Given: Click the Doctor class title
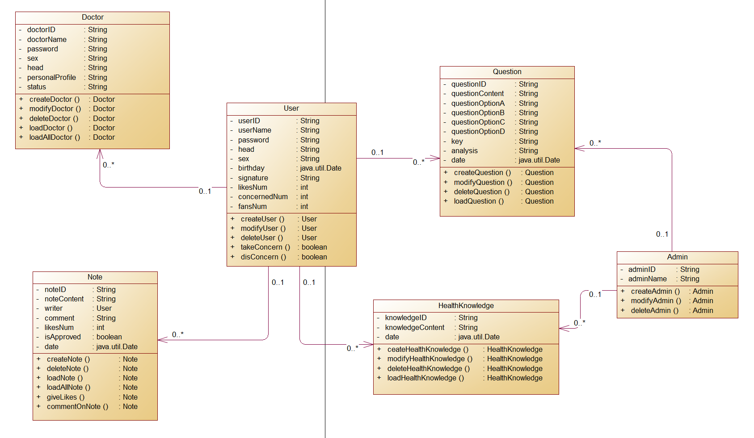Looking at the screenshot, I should point(93,17).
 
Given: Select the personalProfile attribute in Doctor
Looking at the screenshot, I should point(51,78).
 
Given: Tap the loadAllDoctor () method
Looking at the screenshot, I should point(55,138).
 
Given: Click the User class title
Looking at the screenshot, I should point(291,108).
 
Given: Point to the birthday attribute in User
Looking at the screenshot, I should point(251,168).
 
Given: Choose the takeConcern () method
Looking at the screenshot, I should point(265,247).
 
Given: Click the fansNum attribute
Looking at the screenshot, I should point(253,207).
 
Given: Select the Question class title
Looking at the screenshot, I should point(507,72).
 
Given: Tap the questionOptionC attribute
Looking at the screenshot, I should point(478,122).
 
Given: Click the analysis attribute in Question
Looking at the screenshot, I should point(464,151).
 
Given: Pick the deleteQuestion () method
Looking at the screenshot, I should point(482,192).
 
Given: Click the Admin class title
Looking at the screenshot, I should point(677,257).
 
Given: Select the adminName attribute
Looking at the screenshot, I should point(647,279).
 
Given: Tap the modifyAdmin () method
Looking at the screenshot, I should point(656,301).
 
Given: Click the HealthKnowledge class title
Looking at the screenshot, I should point(466,306).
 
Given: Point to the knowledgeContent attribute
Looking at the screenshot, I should point(415,328).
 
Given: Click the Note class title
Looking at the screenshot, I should point(95,277).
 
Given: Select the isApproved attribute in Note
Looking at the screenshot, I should point(63,337).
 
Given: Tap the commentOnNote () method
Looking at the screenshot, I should point(77,407).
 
